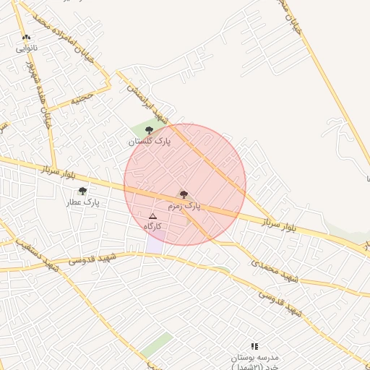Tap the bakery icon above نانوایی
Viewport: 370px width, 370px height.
[27, 38]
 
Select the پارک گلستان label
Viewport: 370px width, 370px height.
[150, 142]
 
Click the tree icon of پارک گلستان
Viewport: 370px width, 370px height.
[149, 130]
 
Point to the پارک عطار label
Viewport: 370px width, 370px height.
[82, 203]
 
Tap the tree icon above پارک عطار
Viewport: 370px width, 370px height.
[82, 192]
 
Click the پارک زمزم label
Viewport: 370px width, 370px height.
[184, 206]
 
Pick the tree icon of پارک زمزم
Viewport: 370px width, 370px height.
[184, 194]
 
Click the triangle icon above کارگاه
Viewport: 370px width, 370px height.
[152, 216]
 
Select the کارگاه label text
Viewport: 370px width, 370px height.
[152, 226]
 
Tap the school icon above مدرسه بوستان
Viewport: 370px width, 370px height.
[254, 347]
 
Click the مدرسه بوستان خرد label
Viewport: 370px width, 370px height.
[254, 362]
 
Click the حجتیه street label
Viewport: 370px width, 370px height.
[82, 97]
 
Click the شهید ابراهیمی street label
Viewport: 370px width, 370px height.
[144, 102]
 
